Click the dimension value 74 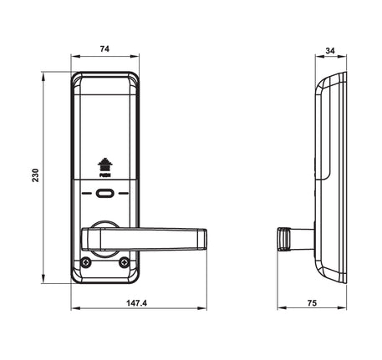click(104, 49)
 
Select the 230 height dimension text click(36, 175)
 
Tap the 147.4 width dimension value click(136, 303)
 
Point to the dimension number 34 click(330, 51)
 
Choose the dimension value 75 click(312, 303)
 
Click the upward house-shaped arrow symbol click(104, 165)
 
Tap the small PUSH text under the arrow click(105, 175)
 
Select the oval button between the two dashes click(104, 193)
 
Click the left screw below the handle click(86, 262)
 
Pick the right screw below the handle click(124, 262)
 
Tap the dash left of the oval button click(86, 193)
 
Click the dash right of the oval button click(124, 193)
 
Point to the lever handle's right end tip click(206, 239)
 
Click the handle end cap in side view click(283, 239)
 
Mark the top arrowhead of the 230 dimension click(43, 77)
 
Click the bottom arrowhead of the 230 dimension click(43, 279)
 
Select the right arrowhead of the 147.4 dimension click(202, 308)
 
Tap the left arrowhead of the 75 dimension click(283, 307)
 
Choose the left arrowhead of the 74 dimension click(76, 57)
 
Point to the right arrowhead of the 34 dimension click(342, 57)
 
